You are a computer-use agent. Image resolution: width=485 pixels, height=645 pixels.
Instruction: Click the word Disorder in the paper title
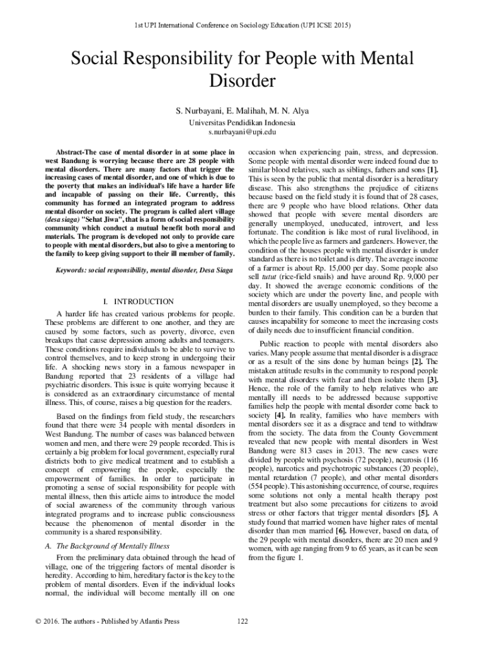coord(243,82)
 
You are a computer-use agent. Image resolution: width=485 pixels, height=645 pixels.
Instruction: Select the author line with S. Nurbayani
coord(243,111)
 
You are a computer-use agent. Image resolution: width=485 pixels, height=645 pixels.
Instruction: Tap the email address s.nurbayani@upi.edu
coord(243,132)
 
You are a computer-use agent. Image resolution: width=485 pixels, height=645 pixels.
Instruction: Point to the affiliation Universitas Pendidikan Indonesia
coord(243,122)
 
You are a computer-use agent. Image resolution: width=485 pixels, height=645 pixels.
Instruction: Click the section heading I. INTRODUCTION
coord(142,302)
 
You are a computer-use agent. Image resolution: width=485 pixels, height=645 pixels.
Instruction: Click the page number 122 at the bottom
coord(243,622)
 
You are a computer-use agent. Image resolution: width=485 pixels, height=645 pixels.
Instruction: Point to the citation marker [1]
coord(432,170)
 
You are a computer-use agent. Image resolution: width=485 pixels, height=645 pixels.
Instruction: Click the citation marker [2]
coord(416,362)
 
